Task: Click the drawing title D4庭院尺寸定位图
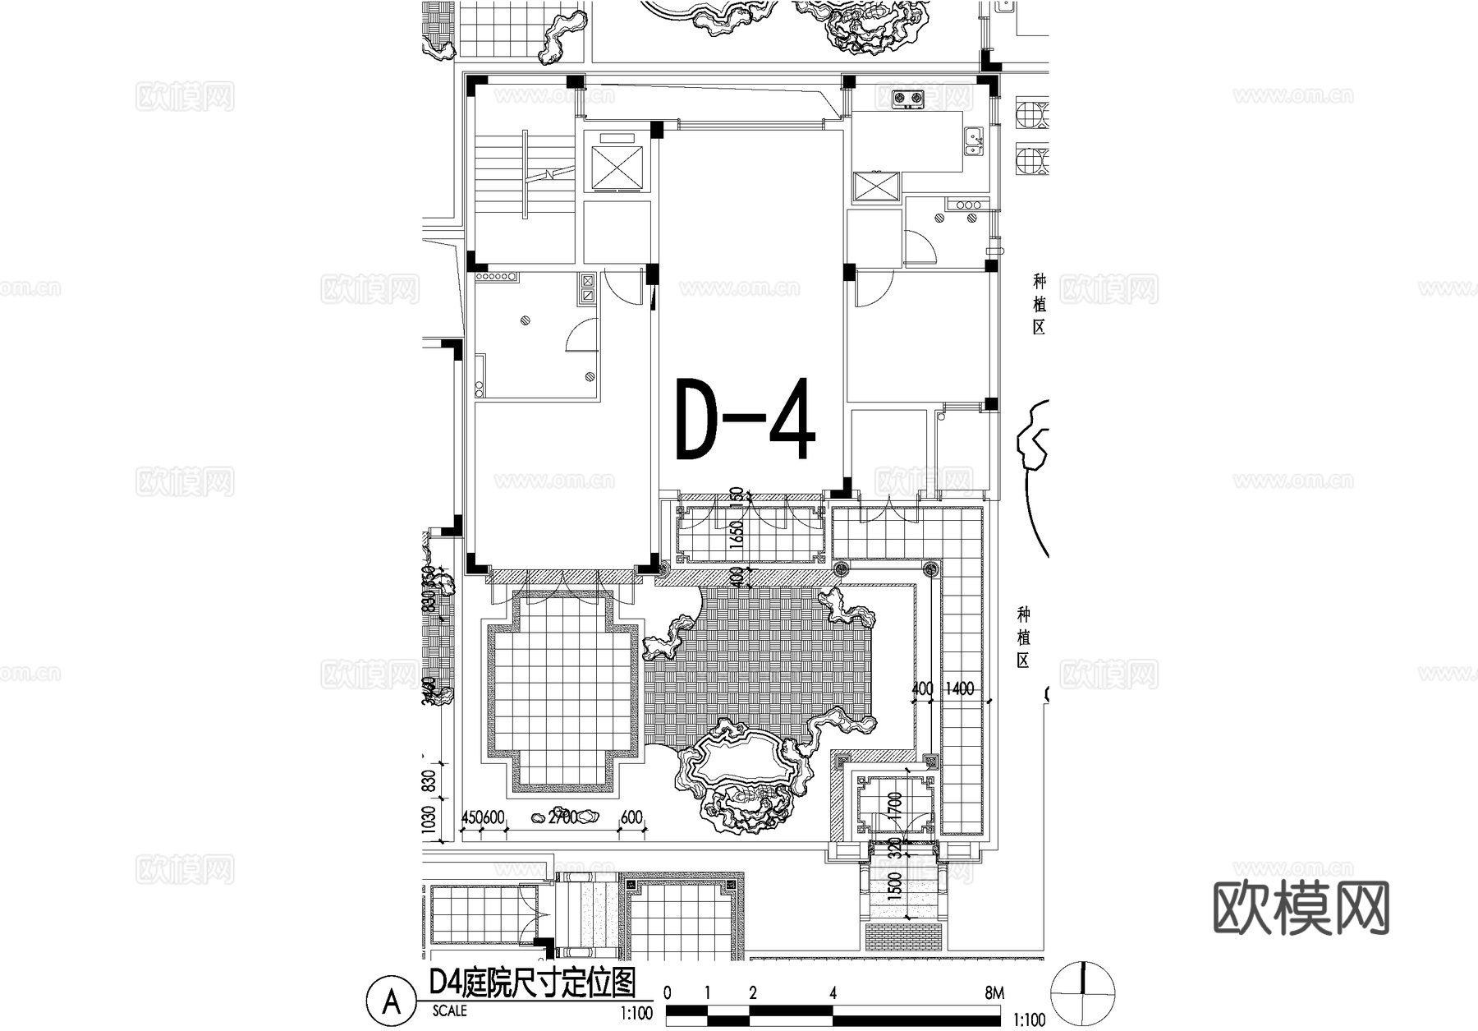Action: coord(533,982)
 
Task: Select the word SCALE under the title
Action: coord(449,1011)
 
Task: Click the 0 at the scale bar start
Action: coord(668,993)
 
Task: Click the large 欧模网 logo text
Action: coord(1301,909)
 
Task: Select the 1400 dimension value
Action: coord(958,689)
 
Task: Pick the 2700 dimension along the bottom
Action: coord(562,818)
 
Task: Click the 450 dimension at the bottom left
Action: coord(471,818)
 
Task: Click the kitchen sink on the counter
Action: coord(974,141)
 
